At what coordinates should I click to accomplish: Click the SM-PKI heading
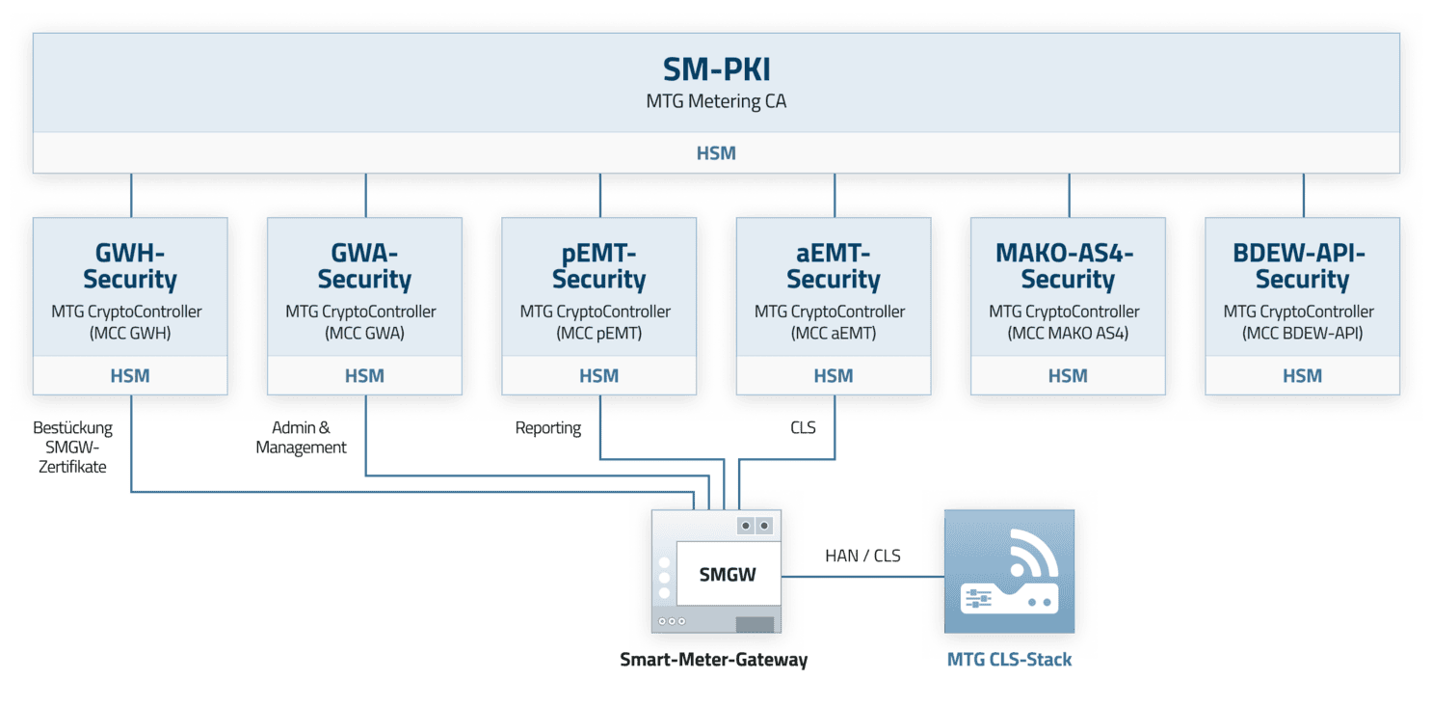716,69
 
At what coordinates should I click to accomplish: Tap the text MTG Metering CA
716,101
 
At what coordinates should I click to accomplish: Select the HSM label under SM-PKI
716,153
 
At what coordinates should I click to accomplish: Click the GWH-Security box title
130,266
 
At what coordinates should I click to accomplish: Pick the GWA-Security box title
364,266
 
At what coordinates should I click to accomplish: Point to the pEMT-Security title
599,266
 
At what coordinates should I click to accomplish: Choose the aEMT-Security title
834,266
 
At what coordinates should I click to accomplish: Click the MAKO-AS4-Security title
1068,266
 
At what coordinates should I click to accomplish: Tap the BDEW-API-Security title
1302,266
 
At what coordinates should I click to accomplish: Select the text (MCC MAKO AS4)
1068,333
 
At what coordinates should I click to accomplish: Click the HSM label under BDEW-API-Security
1302,376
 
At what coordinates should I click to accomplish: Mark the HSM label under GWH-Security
130,376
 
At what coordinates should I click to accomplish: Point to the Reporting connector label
548,427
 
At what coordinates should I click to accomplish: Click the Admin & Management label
301,437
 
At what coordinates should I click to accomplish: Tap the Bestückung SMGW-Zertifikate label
72,447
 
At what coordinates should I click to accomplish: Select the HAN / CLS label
862,556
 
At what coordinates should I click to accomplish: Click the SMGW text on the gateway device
728,575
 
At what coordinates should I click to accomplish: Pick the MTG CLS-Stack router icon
1009,572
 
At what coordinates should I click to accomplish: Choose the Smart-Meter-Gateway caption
713,660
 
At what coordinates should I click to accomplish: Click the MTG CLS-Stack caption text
1009,660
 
